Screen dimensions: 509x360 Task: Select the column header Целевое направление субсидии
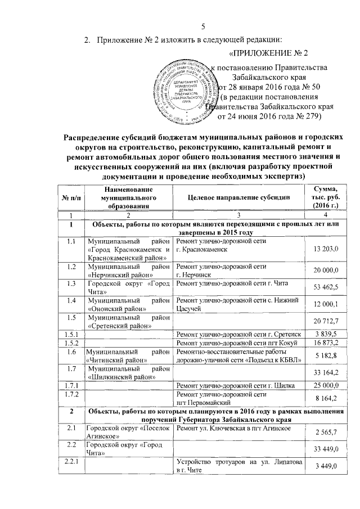click(239, 198)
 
